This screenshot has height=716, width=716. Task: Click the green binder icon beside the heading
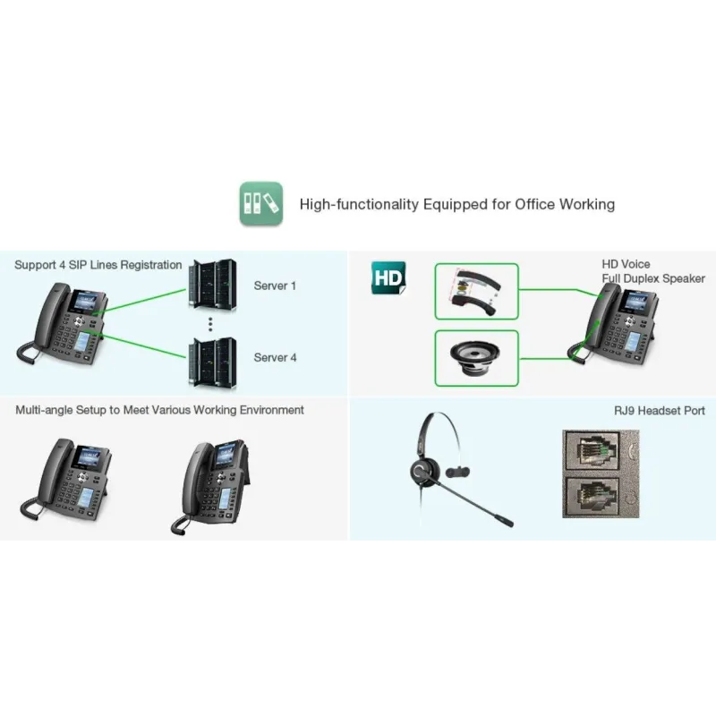[x=260, y=203]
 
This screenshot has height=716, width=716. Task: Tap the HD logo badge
[x=388, y=278]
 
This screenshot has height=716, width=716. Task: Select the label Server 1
[x=275, y=286]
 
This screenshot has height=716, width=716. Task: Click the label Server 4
[x=275, y=357]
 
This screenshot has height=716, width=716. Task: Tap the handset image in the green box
[x=475, y=291]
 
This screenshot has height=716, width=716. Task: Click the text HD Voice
[x=626, y=265]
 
